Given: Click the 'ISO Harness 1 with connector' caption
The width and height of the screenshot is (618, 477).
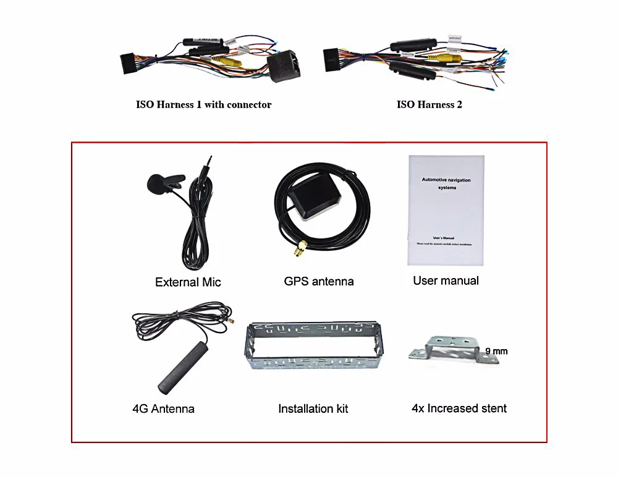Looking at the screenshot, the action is coord(203,104).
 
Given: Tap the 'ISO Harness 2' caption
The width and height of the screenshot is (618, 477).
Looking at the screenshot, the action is coord(429,104).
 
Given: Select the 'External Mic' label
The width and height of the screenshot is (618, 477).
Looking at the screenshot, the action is coord(188,282).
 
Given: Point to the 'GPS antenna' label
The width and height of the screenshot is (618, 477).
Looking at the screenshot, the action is coord(319,281).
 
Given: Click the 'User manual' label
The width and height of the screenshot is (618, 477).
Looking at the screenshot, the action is coord(446,281).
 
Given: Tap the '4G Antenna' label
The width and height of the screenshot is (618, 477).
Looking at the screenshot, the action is coord(163,408).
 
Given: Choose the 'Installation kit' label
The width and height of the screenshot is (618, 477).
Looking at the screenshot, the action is coord(313,408).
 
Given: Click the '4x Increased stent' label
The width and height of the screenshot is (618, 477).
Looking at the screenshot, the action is coord(459,408).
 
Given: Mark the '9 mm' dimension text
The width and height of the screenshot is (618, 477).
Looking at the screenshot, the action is coord(496,351).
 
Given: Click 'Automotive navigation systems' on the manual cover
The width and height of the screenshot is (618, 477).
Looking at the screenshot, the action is coord(446,184).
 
